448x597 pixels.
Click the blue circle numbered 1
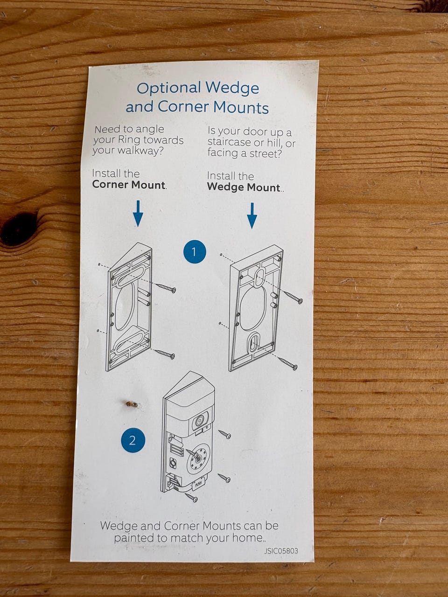(195, 251)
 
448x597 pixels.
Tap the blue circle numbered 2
(133, 440)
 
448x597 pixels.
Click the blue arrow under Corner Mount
(138, 213)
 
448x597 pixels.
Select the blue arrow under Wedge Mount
(252, 215)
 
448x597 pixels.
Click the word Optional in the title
(169, 89)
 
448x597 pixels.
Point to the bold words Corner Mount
(129, 185)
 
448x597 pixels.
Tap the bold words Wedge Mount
(244, 187)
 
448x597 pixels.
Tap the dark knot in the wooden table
(16, 229)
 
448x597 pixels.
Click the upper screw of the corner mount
(166, 288)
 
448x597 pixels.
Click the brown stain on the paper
(133, 404)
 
